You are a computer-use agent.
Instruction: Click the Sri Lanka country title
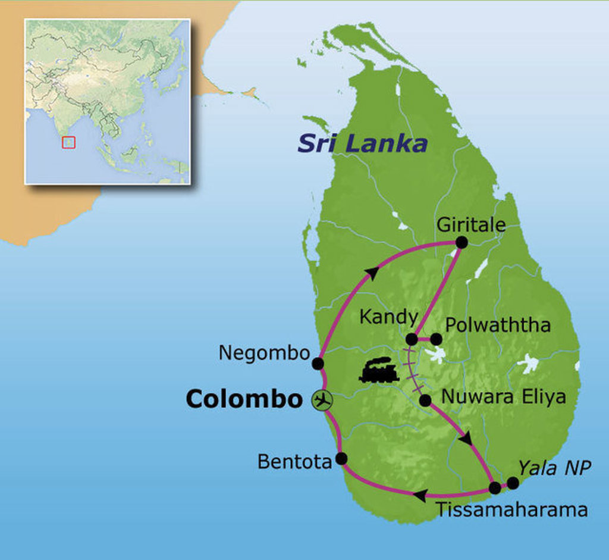pos(362,143)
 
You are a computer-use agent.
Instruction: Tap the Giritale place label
pos(471,224)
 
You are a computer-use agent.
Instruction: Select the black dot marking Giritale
pos(461,242)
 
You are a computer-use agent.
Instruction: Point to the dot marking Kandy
pos(411,339)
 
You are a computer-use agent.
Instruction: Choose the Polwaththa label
pos(498,325)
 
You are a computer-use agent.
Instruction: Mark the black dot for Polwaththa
pos(436,339)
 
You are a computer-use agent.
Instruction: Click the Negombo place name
pos(264,353)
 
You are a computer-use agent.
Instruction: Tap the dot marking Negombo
pos(318,363)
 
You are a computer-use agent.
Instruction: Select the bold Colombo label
pos(244,399)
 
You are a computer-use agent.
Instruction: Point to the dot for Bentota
pos(341,458)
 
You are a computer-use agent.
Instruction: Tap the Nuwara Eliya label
pos(503,396)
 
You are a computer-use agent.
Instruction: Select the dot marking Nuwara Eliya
pos(425,401)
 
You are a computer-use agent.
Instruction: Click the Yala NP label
pos(554,468)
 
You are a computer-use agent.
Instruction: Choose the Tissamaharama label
pos(511,509)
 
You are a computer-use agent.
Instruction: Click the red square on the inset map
pos(69,142)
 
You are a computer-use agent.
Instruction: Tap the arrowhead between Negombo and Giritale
pos(372,273)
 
